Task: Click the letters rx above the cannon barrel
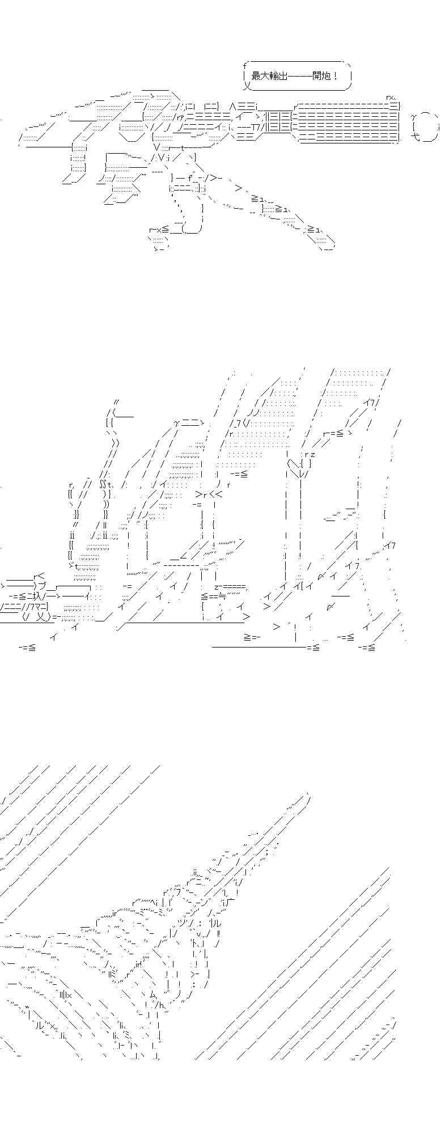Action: pos(391,98)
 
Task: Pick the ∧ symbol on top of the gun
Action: pos(232,106)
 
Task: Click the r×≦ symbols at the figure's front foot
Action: pos(159,229)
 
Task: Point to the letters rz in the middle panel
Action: pos(310,454)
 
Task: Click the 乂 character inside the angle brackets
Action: pos(41,617)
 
